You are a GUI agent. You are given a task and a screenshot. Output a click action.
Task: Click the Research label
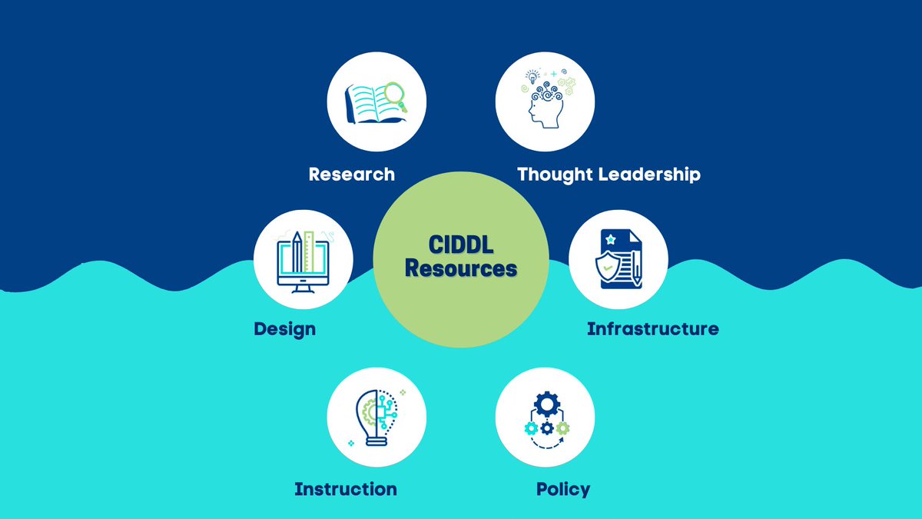(x=351, y=175)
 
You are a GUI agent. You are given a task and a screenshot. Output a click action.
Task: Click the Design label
(x=284, y=329)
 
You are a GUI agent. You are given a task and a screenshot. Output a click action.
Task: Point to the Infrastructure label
(x=652, y=329)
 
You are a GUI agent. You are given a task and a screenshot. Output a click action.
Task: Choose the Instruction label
(x=346, y=489)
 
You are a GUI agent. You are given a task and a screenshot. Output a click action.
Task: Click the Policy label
(x=563, y=489)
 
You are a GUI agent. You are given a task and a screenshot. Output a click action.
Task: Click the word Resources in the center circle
(x=461, y=269)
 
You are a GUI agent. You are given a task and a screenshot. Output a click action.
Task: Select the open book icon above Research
(x=373, y=103)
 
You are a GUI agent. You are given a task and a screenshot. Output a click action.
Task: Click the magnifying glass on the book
(x=395, y=95)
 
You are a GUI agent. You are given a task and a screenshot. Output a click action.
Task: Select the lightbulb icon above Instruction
(x=376, y=416)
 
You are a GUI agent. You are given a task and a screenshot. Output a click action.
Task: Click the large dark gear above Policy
(x=546, y=404)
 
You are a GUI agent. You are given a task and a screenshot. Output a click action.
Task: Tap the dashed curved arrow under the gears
(x=546, y=444)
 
